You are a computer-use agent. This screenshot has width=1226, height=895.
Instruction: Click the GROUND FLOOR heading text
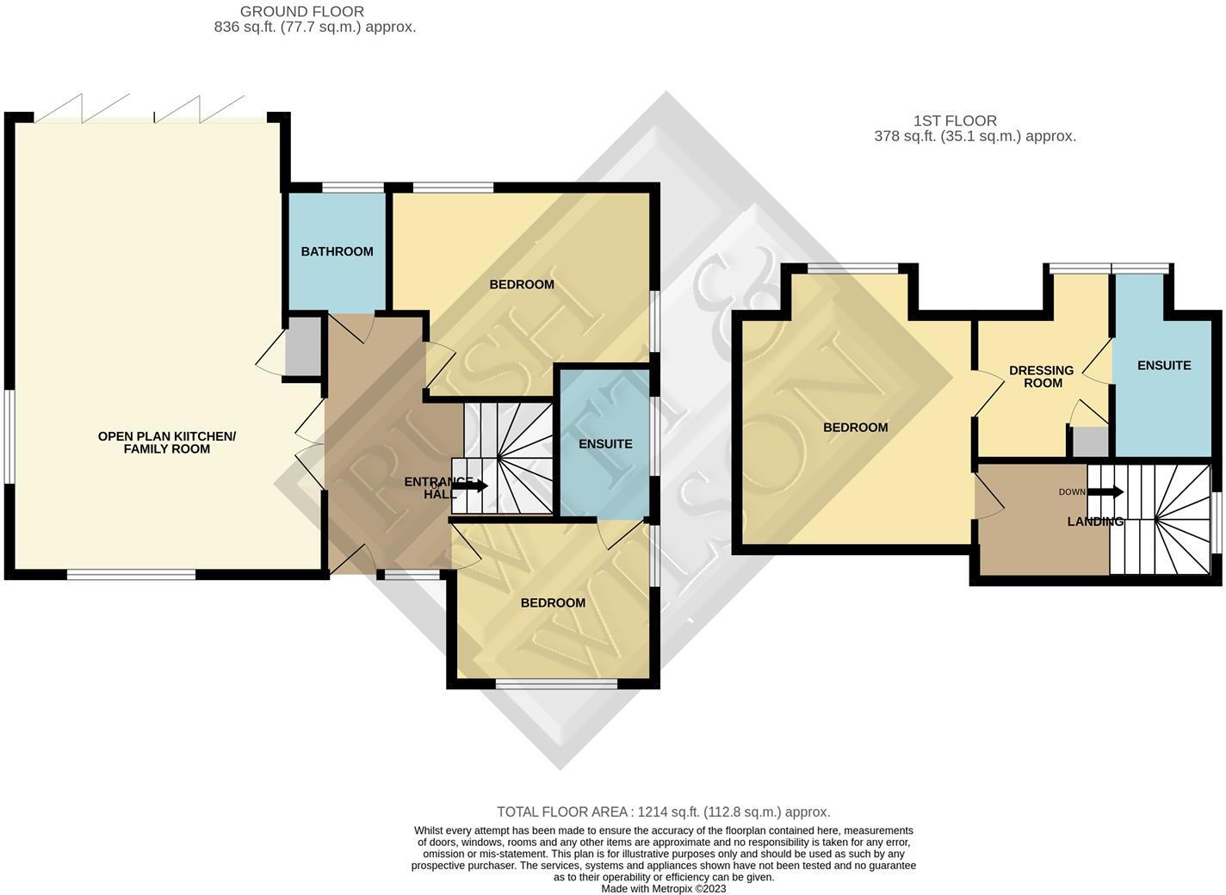tap(301, 12)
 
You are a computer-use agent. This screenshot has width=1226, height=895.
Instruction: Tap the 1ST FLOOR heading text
tap(955, 121)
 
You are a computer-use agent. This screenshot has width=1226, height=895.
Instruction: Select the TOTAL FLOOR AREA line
tap(663, 812)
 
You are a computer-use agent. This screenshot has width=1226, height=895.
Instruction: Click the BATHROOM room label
tap(337, 251)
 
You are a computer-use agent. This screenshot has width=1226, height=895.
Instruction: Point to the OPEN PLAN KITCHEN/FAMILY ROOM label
tap(166, 442)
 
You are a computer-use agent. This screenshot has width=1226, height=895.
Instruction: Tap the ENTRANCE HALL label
tap(429, 488)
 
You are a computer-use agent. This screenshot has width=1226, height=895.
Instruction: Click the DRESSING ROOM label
tap(1042, 377)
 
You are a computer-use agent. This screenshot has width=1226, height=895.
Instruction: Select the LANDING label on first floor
tap(1095, 522)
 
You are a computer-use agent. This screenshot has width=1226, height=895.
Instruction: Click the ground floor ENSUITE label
tap(605, 444)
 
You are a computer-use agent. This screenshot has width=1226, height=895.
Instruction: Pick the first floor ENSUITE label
tap(1164, 366)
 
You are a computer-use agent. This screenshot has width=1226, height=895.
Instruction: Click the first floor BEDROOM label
tap(855, 428)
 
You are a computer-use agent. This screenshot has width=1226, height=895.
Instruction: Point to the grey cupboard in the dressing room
tap(1090, 441)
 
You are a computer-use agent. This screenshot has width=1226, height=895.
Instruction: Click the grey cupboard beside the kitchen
tap(302, 346)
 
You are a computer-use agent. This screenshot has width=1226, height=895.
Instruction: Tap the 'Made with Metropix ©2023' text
tap(663, 888)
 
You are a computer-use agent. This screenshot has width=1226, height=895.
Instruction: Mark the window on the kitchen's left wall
tap(9, 437)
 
